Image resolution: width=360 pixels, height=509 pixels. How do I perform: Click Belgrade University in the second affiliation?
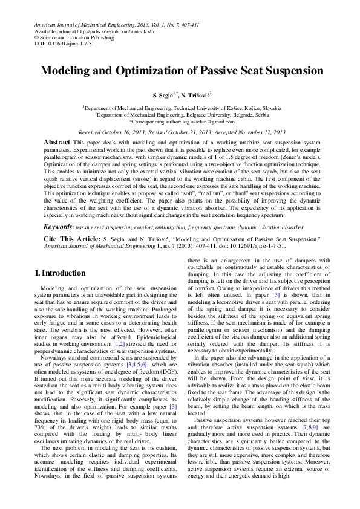(203, 114)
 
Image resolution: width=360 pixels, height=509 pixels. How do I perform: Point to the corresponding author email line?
(180, 120)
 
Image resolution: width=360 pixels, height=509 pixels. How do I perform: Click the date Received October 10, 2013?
(116, 131)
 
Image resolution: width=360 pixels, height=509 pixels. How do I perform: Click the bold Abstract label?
(57, 141)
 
